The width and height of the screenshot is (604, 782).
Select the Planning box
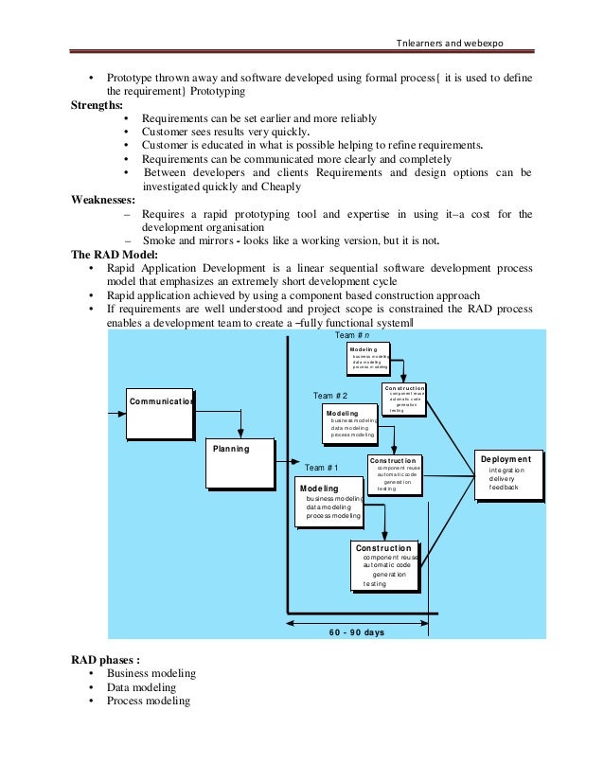[x=240, y=463]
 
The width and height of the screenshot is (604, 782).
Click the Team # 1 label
[x=322, y=468]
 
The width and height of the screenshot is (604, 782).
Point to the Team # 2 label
[x=330, y=395]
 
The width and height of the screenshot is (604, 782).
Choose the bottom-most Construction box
[x=383, y=565]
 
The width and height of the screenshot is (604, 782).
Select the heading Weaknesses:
[x=102, y=201]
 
